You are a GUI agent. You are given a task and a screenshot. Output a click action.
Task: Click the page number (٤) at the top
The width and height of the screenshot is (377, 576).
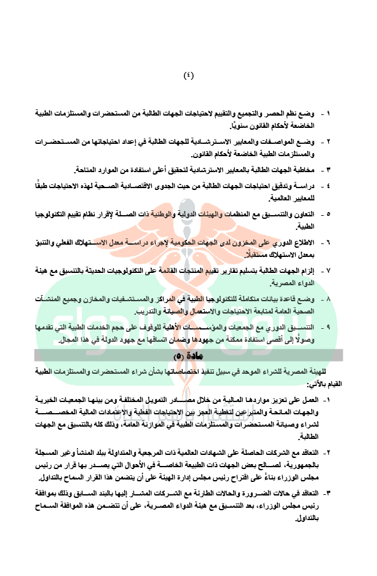(188, 76)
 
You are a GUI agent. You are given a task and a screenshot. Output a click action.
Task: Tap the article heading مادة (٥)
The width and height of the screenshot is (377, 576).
(188, 356)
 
